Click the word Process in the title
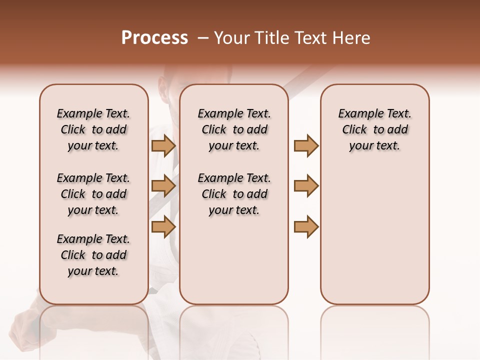154,38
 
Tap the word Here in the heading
352,38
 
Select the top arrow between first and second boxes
163,146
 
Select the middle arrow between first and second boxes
163,186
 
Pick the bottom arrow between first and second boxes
163,226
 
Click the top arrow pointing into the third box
306,146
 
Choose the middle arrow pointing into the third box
306,186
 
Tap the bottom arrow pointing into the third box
306,226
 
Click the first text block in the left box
93,129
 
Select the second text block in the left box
93,194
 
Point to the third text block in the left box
93,255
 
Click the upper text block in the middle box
234,129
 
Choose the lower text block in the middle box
234,194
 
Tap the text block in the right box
374,129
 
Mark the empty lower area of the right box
374,235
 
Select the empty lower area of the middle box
234,260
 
